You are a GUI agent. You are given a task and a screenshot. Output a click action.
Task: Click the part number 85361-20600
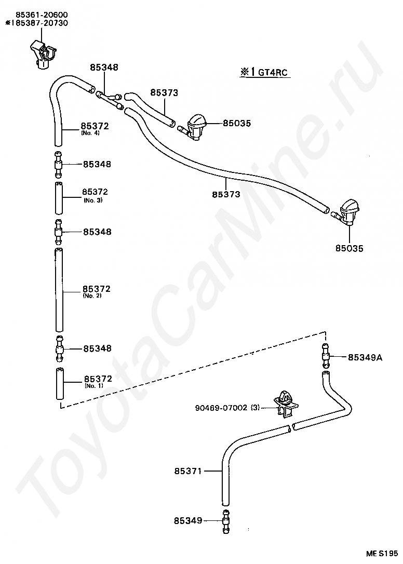click(x=34, y=15)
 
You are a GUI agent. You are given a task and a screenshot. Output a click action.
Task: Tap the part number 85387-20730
click(x=38, y=23)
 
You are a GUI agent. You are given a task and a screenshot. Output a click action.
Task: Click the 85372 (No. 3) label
click(x=95, y=194)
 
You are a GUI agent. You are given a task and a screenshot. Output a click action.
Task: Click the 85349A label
click(x=365, y=357)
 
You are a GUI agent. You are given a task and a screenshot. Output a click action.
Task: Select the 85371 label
click(x=187, y=471)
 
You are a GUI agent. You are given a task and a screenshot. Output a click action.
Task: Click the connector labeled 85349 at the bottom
click(x=226, y=520)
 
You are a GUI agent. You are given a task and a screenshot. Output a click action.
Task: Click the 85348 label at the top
click(x=104, y=68)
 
